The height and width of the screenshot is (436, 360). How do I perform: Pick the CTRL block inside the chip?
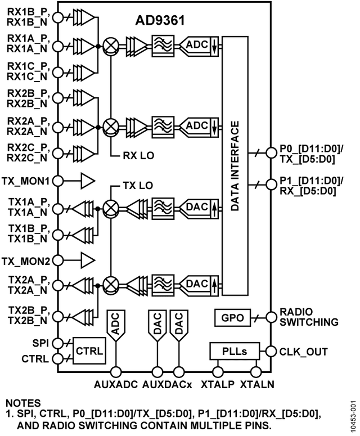pyautogui.click(x=89, y=350)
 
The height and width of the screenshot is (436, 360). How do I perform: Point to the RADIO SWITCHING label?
pyautogui.click(x=308, y=317)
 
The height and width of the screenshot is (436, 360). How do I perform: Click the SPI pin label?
pyautogui.click(x=39, y=342)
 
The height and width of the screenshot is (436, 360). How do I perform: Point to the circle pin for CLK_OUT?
pyautogui.click(x=272, y=352)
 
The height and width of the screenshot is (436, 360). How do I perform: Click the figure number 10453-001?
pyautogui.click(x=353, y=414)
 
